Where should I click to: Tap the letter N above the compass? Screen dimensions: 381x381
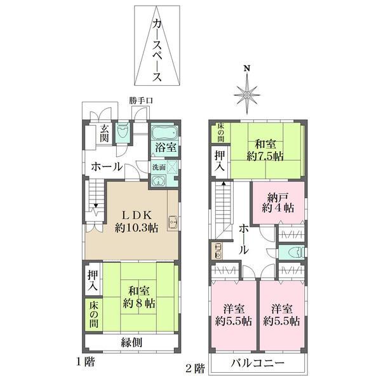(248, 69)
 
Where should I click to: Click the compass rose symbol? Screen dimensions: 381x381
(248, 95)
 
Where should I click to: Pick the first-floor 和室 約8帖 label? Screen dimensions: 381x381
(138, 297)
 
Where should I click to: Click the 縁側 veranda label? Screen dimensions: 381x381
(131, 342)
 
